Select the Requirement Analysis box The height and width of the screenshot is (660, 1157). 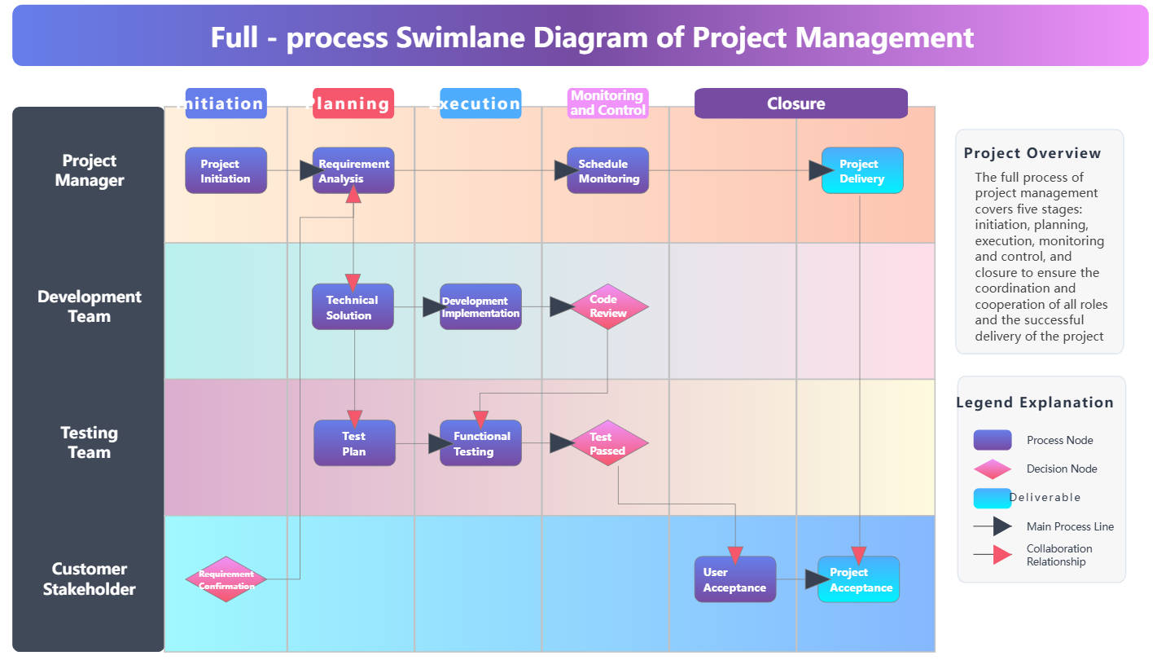tap(353, 170)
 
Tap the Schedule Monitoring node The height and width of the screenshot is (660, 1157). tap(608, 170)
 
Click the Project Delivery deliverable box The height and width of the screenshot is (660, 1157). tap(862, 170)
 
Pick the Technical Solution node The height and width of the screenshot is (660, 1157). tap(353, 307)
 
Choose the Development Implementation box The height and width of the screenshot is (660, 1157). tap(480, 307)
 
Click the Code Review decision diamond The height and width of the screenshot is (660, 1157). tap(608, 306)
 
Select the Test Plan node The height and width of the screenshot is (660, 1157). tap(354, 443)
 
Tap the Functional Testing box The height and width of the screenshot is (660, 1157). tap(480, 443)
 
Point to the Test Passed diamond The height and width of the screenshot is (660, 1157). tap(608, 443)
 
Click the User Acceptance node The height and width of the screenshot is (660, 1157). tap(734, 579)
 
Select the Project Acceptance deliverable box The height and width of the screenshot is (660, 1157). tap(859, 579)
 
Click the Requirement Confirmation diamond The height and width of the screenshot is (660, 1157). tap(226, 579)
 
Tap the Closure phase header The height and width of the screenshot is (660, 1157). tap(800, 103)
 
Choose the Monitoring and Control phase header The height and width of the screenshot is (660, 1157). tap(608, 103)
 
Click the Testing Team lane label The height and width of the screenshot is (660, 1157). tap(89, 442)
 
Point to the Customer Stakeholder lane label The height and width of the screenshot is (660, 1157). tap(89, 579)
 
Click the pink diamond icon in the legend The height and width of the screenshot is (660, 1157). tap(993, 469)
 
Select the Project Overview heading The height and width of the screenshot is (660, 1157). tap(1032, 153)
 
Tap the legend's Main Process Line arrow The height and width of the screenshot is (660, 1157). tap(994, 526)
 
